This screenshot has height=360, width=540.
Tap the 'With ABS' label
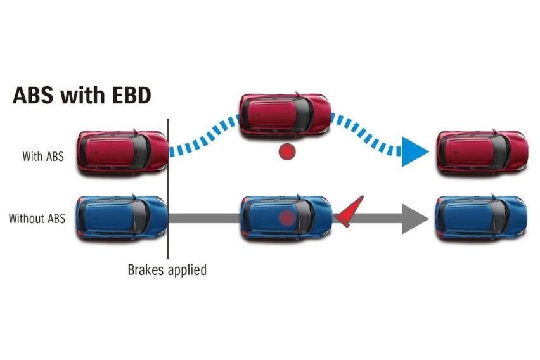(x=43, y=157)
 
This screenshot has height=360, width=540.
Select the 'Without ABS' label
(x=36, y=219)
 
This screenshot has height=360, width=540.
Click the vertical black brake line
(x=168, y=190)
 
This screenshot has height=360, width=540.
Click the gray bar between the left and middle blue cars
(x=204, y=219)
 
